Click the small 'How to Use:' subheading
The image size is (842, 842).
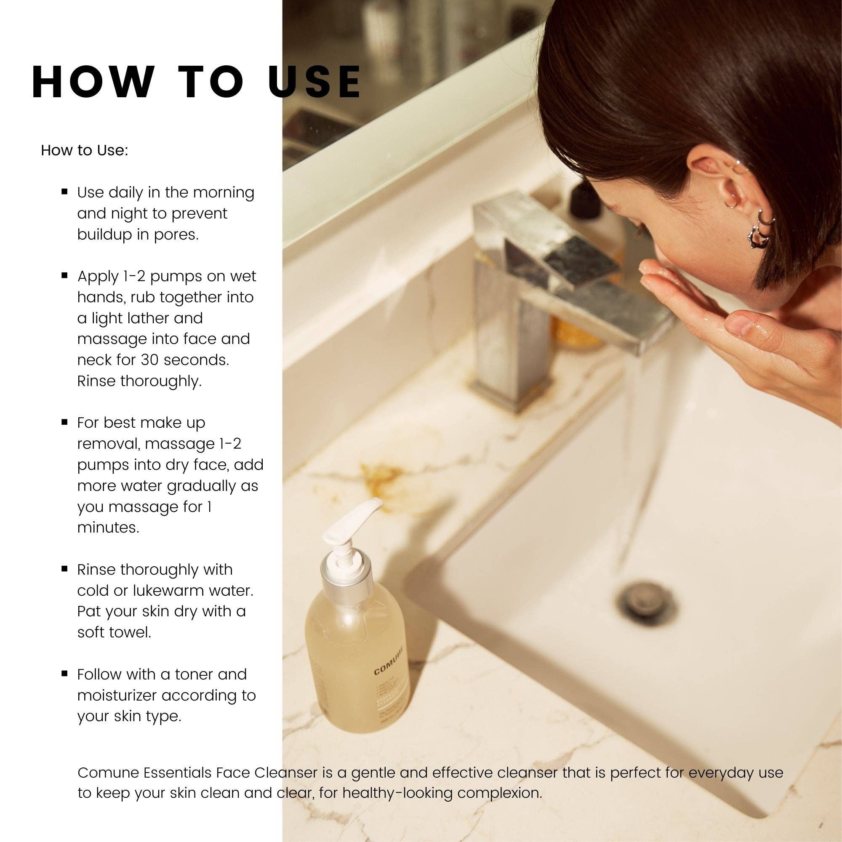tap(84, 150)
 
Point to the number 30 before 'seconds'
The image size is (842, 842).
tap(149, 360)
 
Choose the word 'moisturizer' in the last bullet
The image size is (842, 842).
tap(116, 695)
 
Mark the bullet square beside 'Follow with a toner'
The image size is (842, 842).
tap(64, 674)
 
